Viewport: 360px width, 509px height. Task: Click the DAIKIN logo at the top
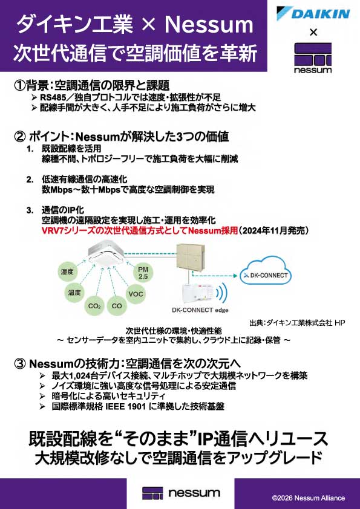point(313,14)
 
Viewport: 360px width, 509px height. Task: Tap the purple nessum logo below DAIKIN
point(313,58)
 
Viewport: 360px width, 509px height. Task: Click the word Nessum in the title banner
point(209,24)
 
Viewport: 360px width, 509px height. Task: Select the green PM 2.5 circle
point(143,273)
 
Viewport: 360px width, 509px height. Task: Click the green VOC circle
point(136,294)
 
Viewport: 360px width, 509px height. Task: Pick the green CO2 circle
point(94,306)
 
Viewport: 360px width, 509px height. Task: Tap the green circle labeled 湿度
point(67,271)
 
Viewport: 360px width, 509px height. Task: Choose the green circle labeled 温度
point(74,293)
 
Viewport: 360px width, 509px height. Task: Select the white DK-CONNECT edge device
point(198,293)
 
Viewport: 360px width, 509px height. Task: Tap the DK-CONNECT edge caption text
point(200,310)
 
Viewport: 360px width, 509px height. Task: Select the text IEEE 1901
point(126,406)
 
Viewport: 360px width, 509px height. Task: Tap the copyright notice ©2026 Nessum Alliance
point(309,498)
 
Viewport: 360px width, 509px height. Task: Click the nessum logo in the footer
point(181,493)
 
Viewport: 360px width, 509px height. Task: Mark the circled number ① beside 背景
point(19,86)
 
